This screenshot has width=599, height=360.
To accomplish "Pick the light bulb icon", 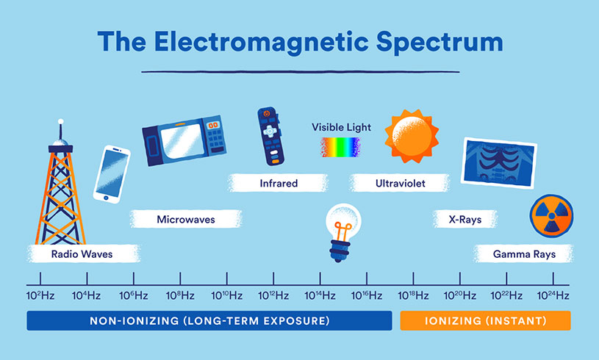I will tap(340, 231).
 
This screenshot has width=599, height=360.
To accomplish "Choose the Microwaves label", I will tap(186, 219).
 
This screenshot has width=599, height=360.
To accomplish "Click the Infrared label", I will tap(279, 183).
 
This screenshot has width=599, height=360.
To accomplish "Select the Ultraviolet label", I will tap(401, 183).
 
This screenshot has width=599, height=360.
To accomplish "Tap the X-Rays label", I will tap(464, 219).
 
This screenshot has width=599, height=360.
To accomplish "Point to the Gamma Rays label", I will tap(523, 254).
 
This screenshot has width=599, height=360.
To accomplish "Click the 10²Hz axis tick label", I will tap(40, 295).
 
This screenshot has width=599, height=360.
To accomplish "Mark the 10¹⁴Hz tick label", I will tap(320, 295).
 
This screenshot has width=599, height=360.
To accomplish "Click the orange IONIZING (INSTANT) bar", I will tap(485, 321).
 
